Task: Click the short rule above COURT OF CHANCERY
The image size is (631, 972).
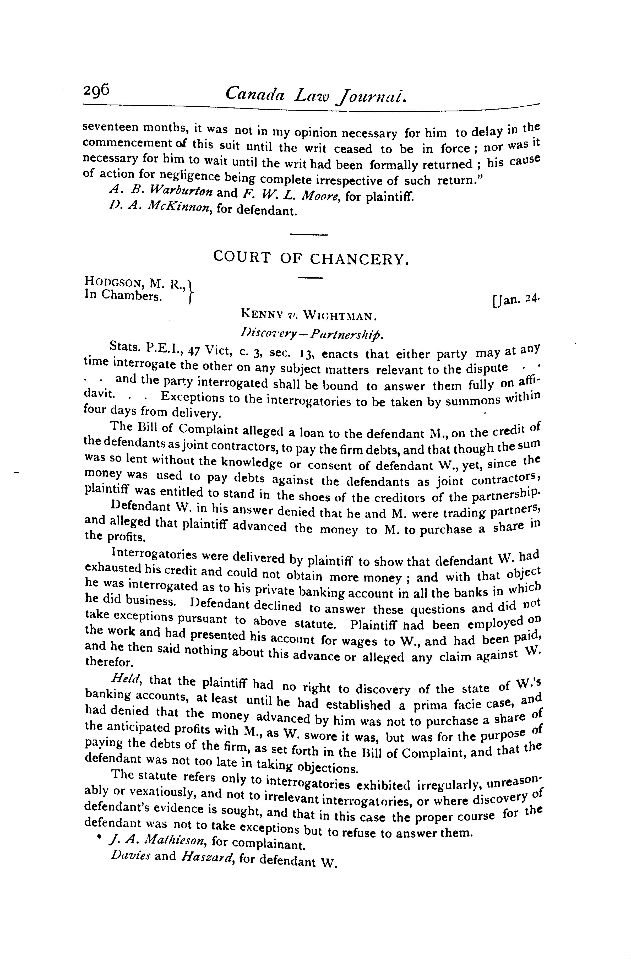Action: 308,235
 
